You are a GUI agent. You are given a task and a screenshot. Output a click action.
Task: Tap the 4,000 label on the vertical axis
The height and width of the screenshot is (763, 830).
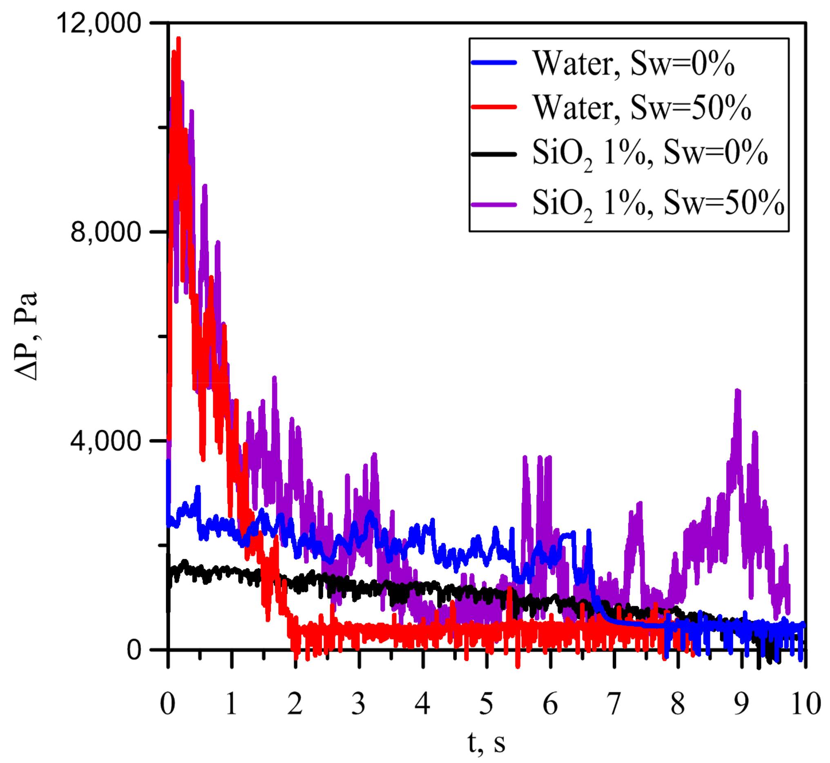106,441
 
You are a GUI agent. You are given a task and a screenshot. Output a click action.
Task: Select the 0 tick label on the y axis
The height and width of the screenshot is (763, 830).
134,650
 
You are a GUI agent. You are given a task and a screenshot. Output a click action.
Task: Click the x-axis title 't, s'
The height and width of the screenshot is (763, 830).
486,742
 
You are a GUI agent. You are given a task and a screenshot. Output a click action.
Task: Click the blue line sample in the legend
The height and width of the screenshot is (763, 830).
494,63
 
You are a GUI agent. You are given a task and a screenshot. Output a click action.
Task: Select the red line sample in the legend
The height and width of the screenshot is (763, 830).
494,107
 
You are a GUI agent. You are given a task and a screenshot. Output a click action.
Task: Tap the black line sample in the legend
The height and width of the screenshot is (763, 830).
494,154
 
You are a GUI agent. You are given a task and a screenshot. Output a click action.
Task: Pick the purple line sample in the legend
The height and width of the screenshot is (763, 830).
494,204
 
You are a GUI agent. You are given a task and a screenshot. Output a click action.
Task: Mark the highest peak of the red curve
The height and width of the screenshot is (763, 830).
178,39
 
